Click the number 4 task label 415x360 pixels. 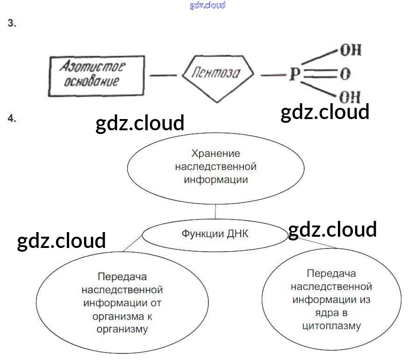tap(12, 119)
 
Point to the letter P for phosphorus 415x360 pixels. tap(293, 75)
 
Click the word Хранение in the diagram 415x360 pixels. tap(215, 153)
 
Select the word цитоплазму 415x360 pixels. tap(332, 325)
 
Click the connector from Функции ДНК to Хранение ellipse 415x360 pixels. tap(215, 212)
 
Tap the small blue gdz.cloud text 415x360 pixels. tap(207, 5)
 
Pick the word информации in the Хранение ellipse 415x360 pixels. tap(215, 179)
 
